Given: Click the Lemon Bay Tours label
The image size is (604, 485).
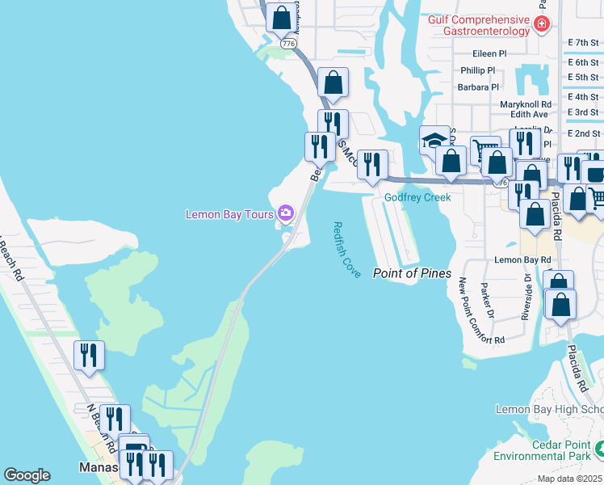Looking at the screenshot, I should click(230, 214).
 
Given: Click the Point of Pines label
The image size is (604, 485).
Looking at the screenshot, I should click(412, 273).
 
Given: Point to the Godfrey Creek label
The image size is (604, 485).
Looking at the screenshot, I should click(417, 197).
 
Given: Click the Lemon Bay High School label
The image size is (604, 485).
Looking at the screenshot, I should click(549, 410).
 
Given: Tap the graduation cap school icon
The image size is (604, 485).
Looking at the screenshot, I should click(434, 140).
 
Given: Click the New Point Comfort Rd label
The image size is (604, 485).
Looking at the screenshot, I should click(481, 311).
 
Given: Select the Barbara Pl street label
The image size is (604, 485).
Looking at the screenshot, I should click(479, 87).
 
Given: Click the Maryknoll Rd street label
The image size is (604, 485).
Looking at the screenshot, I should click(525, 104).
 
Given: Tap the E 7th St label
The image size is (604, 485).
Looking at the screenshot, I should click(584, 42).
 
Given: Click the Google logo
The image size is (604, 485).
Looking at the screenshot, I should click(27, 475).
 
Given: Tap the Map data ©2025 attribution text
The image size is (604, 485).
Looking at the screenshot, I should click(569, 479).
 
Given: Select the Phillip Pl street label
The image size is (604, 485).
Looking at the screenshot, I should click(477, 70).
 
